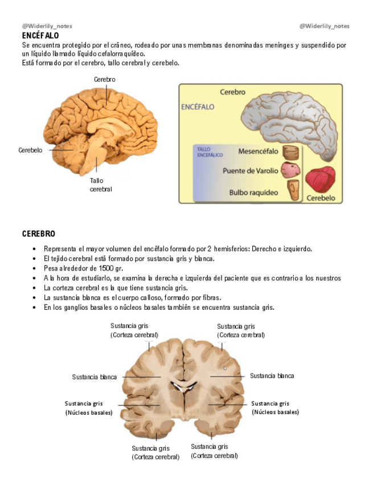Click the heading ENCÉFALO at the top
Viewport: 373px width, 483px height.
point(40,35)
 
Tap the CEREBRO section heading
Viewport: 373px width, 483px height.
point(39,234)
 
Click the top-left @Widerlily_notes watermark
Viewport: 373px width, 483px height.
point(47,26)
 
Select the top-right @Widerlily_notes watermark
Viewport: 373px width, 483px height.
point(325,26)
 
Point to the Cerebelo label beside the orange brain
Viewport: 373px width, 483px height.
point(30,150)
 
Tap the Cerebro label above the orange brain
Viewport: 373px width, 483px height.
point(105,80)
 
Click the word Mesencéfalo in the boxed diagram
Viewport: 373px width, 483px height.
point(258,152)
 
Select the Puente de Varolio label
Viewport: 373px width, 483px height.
point(251,170)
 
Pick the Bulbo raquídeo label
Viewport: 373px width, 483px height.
point(253,193)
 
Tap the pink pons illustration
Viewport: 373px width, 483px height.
point(291,170)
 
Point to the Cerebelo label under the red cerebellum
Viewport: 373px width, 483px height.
point(321,198)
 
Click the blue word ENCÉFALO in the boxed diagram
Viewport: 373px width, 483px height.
point(197,107)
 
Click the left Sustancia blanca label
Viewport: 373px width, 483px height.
point(95,377)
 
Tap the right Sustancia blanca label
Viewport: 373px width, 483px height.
point(272,376)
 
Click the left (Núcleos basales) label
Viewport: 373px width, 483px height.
point(89,412)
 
